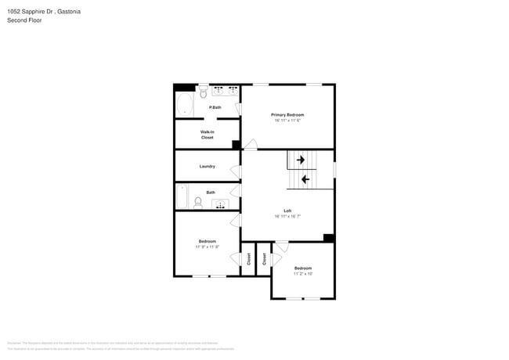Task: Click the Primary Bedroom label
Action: click(288, 115)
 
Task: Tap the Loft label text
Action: click(287, 211)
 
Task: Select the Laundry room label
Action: click(207, 166)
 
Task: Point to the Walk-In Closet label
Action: click(207, 135)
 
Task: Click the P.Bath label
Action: click(215, 107)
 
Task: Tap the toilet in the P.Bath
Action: click(203, 90)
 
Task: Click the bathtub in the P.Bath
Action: click(185, 105)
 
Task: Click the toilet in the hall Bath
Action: click(198, 203)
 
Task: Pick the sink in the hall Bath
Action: click(220, 205)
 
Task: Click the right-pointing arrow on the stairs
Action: click(299, 160)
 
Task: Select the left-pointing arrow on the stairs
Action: click(305, 180)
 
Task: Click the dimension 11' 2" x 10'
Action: click(303, 274)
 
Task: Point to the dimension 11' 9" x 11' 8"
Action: click(207, 247)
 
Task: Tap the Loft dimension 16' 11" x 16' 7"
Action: click(287, 217)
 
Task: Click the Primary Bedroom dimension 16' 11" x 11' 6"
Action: click(288, 121)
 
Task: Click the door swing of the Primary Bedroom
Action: click(251, 144)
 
